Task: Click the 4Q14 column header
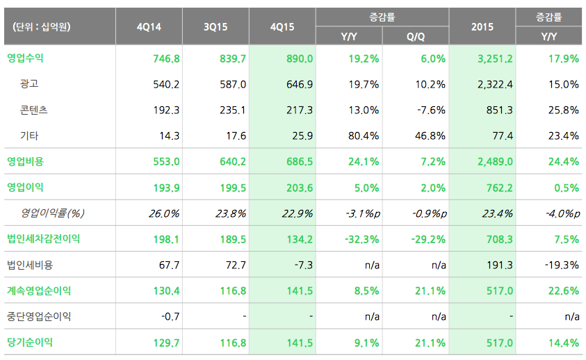click(x=149, y=27)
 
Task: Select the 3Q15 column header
click(x=215, y=27)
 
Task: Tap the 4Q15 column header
click(x=282, y=27)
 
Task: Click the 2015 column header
click(x=482, y=27)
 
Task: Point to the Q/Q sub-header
click(x=416, y=35)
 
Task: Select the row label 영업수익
click(x=25, y=58)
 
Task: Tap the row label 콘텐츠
click(x=34, y=110)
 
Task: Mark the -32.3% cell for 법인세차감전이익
click(x=361, y=239)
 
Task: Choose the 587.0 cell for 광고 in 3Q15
click(x=232, y=84)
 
